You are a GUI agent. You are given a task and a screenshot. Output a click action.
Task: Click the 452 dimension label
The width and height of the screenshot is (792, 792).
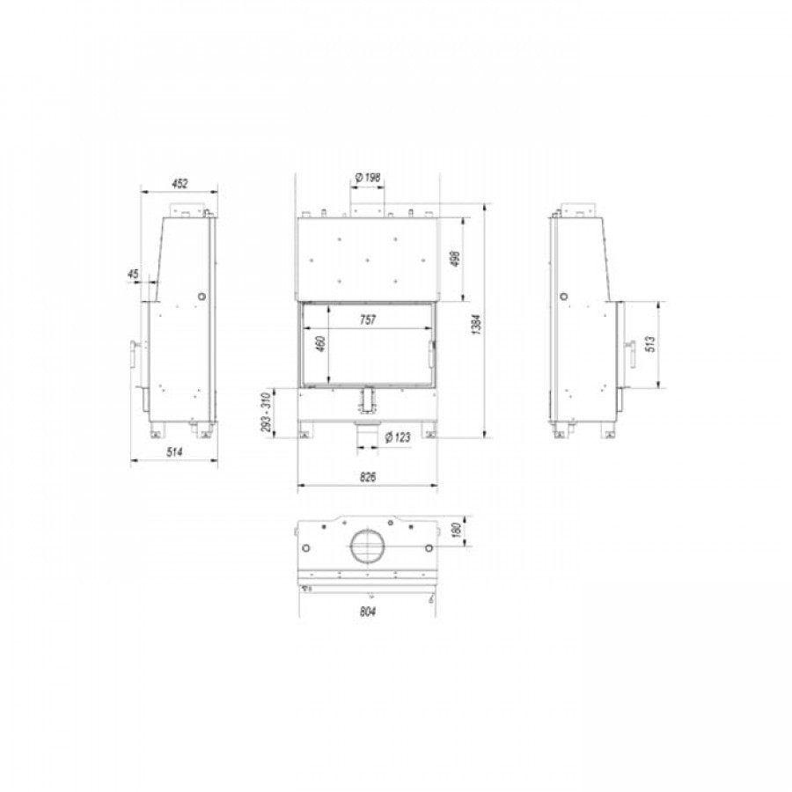180,183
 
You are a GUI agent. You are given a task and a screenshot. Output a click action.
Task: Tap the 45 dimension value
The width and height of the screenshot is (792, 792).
133,275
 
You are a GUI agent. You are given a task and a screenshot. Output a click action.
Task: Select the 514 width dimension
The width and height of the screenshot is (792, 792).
174,452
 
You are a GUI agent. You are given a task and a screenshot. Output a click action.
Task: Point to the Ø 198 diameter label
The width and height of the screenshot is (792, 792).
368,177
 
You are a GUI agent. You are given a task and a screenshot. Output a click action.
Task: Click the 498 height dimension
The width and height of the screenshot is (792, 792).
455,258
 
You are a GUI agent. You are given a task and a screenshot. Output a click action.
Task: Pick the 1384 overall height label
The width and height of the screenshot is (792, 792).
476,324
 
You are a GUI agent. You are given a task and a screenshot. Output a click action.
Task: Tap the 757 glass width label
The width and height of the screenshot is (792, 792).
368,319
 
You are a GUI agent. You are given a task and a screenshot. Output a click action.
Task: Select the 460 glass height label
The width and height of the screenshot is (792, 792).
320,343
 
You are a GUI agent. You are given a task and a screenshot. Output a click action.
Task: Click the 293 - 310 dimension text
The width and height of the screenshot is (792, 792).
266,413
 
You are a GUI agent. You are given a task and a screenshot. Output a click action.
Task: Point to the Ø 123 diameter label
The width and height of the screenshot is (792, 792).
398,437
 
